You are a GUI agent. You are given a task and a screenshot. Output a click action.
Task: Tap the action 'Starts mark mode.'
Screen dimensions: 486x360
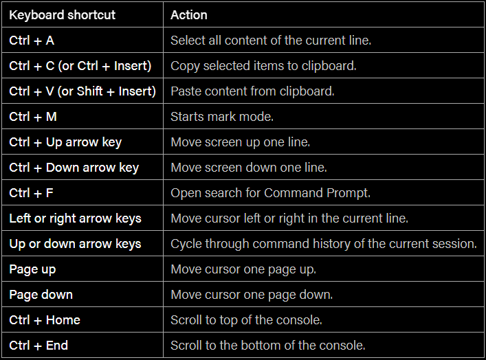(222, 117)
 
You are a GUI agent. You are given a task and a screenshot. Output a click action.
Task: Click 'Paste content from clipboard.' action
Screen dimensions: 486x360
(252, 91)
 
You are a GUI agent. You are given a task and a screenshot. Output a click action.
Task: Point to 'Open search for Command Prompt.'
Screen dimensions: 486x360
(271, 193)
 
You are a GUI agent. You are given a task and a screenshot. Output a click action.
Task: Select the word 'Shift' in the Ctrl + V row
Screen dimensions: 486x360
(89, 91)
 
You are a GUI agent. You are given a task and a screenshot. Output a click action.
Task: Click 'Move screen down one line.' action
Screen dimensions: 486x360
(249, 168)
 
